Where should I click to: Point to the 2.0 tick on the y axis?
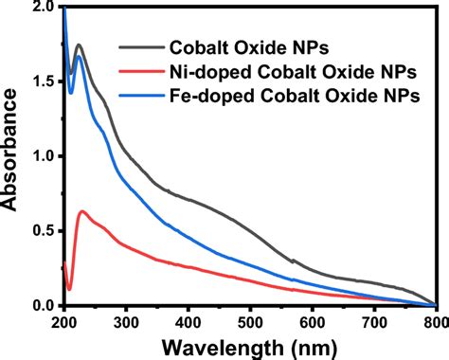pyautogui.click(x=43, y=7)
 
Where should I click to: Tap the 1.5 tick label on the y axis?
pyautogui.click(x=43, y=81)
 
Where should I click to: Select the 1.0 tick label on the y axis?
pyautogui.click(x=43, y=156)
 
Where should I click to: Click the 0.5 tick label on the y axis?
pyautogui.click(x=43, y=231)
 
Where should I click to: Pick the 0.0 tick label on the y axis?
pyautogui.click(x=43, y=305)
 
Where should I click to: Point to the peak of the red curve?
pyautogui.click(x=82, y=211)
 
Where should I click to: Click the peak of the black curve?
pyautogui.click(x=79, y=45)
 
